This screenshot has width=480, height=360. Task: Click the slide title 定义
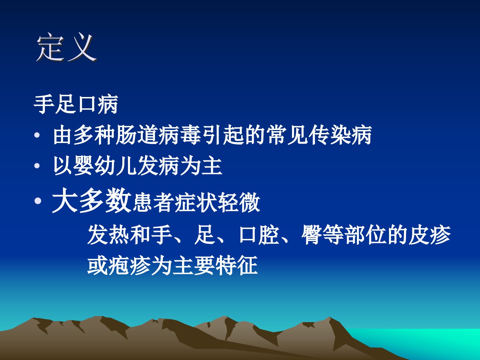(66, 47)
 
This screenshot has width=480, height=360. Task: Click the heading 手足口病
(76, 104)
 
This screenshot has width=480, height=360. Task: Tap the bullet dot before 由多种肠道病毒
(37, 135)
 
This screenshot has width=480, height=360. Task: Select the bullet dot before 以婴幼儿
(37, 166)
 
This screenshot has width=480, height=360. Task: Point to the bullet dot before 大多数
(38, 201)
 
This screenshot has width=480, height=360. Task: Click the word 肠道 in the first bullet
(137, 135)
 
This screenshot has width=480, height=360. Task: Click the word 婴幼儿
(105, 166)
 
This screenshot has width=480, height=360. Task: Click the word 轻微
(239, 203)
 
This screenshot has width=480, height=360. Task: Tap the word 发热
(108, 235)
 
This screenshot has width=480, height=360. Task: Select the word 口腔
(259, 235)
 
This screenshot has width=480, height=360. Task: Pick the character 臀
(311, 235)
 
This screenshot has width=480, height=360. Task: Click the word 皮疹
(429, 235)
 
